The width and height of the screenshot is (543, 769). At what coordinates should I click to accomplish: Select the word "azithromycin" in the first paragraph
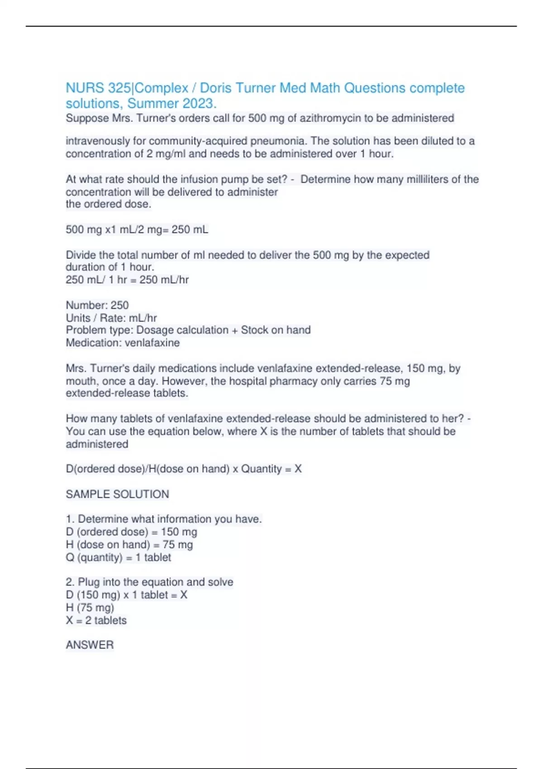point(330,119)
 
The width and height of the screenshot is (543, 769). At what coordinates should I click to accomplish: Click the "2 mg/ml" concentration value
point(166,154)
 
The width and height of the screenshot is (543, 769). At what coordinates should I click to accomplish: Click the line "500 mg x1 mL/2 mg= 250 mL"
point(137,230)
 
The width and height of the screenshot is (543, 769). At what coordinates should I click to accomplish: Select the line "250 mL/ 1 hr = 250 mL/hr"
point(127,280)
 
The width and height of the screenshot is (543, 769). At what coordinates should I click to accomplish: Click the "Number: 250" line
point(97,305)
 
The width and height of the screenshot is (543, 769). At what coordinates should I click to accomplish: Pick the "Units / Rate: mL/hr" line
point(111,318)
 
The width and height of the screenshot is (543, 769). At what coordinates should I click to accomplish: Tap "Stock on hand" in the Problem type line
point(276,330)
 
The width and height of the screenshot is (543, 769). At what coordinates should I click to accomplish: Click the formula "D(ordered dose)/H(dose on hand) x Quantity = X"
point(183,469)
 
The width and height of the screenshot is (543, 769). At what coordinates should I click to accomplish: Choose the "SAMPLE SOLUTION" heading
point(117,494)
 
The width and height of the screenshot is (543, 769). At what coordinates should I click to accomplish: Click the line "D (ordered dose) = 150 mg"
point(131,532)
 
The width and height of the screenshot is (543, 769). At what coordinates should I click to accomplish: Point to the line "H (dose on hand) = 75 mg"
point(129,545)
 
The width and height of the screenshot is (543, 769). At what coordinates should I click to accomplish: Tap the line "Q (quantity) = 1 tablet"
point(118,557)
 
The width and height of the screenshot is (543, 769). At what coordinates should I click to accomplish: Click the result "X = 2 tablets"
point(96,620)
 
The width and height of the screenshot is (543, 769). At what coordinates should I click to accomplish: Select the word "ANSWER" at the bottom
point(90,645)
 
